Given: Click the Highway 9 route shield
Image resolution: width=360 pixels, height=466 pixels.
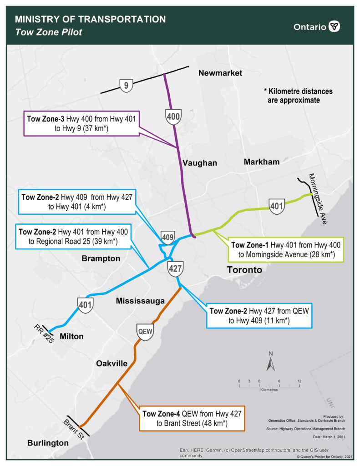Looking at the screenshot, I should (x=126, y=85).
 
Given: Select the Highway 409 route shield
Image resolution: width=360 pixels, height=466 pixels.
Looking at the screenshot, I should (x=167, y=237).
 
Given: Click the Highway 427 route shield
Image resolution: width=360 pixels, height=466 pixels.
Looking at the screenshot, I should (x=175, y=268).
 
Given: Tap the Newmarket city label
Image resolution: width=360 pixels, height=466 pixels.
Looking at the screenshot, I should (x=221, y=73).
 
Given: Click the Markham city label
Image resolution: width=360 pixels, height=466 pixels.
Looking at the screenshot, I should (x=261, y=162).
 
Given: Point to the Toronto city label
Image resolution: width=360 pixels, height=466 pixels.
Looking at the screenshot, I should (x=244, y=270).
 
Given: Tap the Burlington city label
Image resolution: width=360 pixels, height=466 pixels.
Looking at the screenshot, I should (x=48, y=443).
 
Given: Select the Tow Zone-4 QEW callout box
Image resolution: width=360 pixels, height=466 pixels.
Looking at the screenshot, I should (x=192, y=418).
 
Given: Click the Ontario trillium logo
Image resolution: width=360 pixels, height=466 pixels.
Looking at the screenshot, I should (x=335, y=26).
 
